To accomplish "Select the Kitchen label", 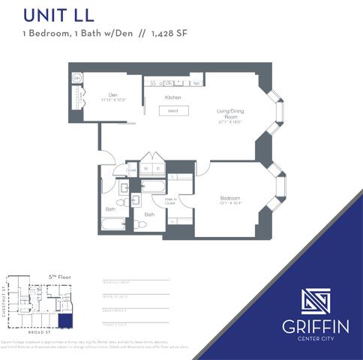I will pos(174,97).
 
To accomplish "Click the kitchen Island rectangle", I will pos(172,111).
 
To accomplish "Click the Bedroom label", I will pos(229,199).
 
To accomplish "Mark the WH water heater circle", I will pos(77,78).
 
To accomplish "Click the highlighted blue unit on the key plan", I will pos(66,321).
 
